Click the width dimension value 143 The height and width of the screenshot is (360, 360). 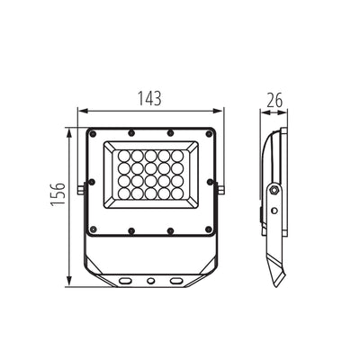pos(149,98)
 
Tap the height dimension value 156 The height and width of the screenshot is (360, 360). pos(58,193)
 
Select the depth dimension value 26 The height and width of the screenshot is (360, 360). pos(274,101)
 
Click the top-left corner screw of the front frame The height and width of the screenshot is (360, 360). pos(93,133)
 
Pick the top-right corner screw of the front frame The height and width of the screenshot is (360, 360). pos(209,133)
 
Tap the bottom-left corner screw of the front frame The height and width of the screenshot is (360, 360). pos(93,229)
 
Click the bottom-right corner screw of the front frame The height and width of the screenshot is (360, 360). pos(209,229)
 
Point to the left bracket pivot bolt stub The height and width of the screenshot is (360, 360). pos(80,190)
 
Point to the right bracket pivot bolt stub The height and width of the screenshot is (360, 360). pos(221,190)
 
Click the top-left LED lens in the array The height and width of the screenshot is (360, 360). pos(124,157)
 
